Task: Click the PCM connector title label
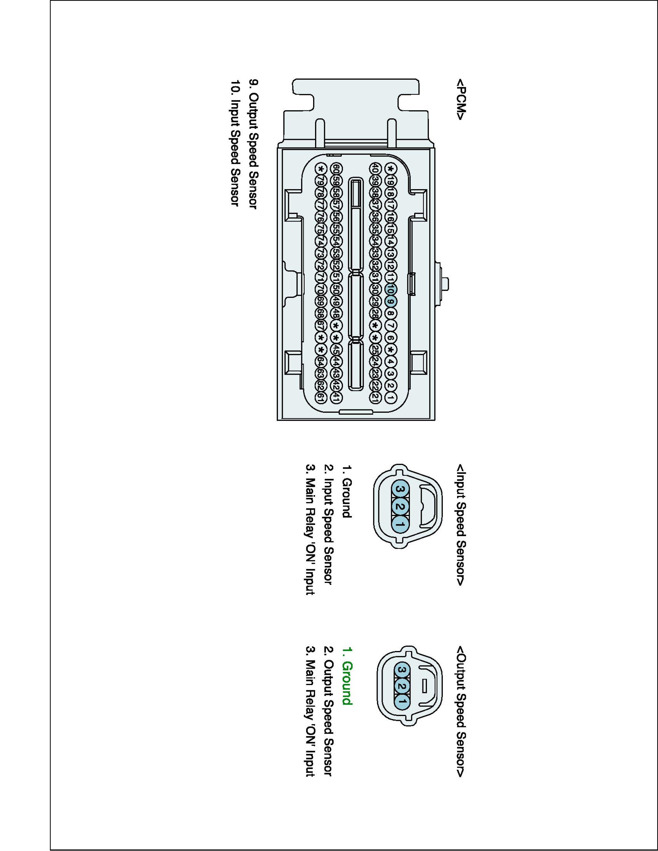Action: click(460, 100)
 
